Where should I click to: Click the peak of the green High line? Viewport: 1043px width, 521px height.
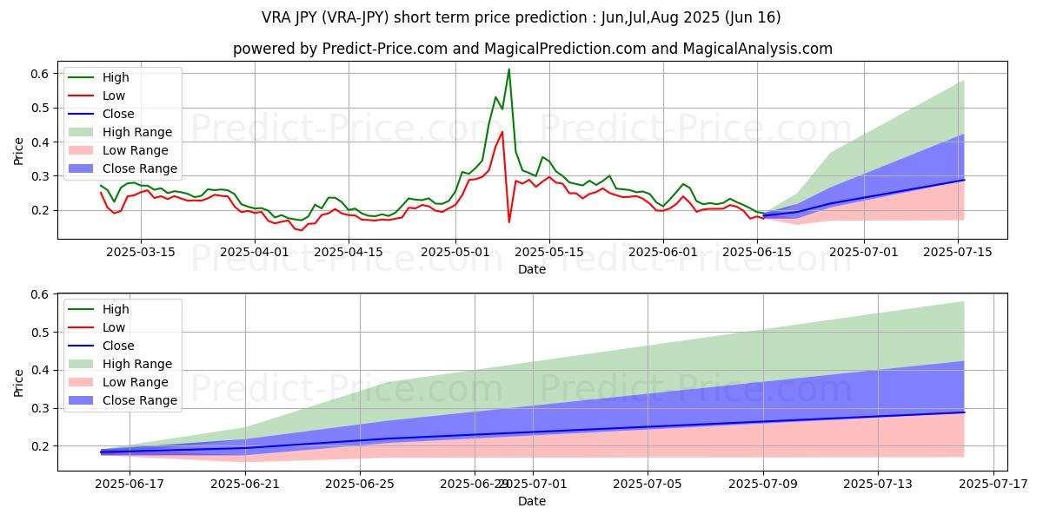click(508, 69)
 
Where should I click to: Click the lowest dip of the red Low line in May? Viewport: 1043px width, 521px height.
click(509, 222)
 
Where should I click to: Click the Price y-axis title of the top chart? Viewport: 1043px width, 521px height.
click(19, 151)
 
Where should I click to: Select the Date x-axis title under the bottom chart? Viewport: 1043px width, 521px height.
click(532, 501)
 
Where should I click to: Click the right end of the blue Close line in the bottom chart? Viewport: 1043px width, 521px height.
click(964, 412)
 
